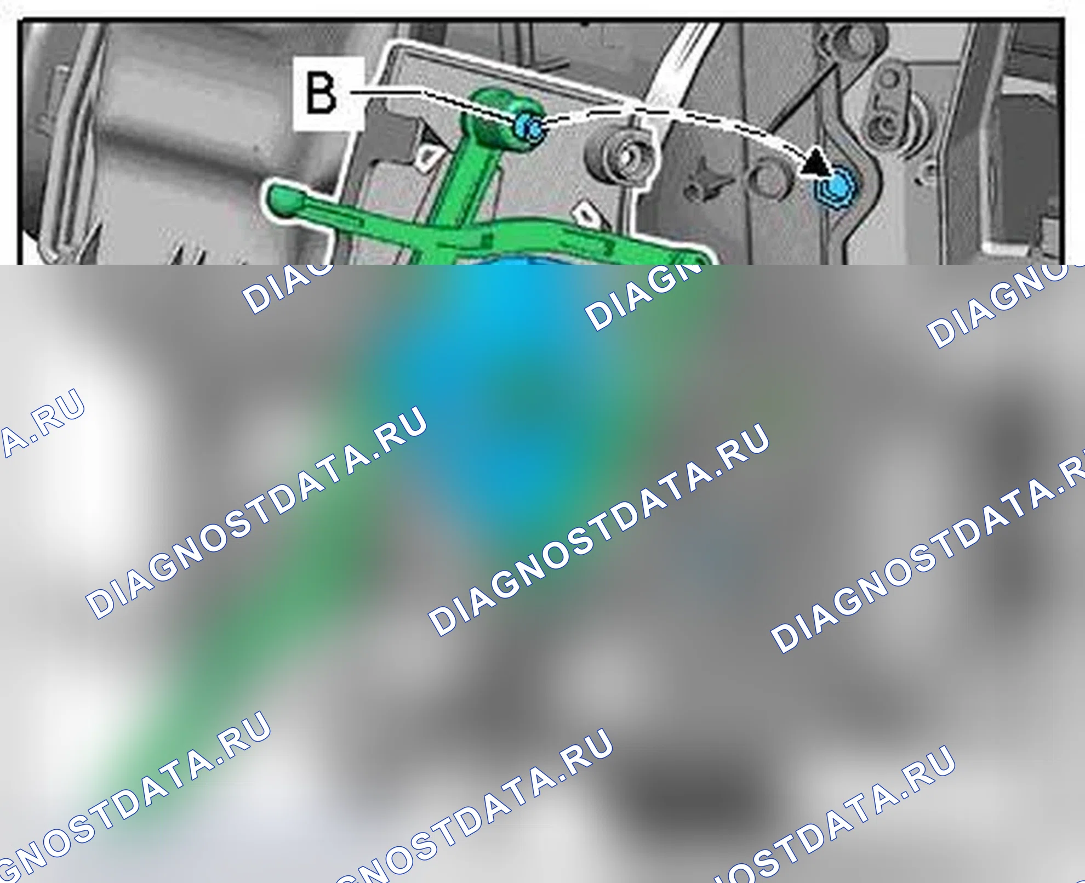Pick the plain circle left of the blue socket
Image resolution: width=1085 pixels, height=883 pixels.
(769, 179)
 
